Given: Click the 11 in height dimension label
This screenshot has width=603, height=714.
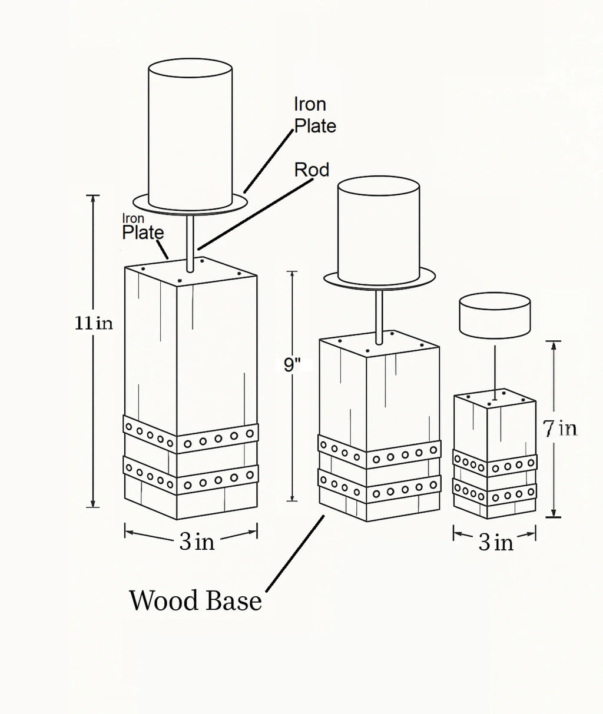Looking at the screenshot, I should pos(94,323).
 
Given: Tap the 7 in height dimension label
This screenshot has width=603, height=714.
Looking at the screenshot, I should pos(560,429).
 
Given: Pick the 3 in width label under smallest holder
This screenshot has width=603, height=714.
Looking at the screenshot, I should pos(495,542).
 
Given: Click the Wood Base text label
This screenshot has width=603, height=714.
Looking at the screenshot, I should pos(195,601).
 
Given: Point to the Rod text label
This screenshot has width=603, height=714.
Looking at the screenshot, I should pos(312,170).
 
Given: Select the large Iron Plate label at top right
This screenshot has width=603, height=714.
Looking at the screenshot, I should pos(315,115).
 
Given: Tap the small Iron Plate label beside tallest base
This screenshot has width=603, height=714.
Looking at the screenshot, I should pos(143,227).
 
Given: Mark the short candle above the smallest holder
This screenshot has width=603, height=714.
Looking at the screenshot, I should pos(494,316).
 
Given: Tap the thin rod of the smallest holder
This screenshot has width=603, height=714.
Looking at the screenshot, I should pos(495,368).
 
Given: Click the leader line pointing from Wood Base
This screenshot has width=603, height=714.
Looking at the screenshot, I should pos(294,553).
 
